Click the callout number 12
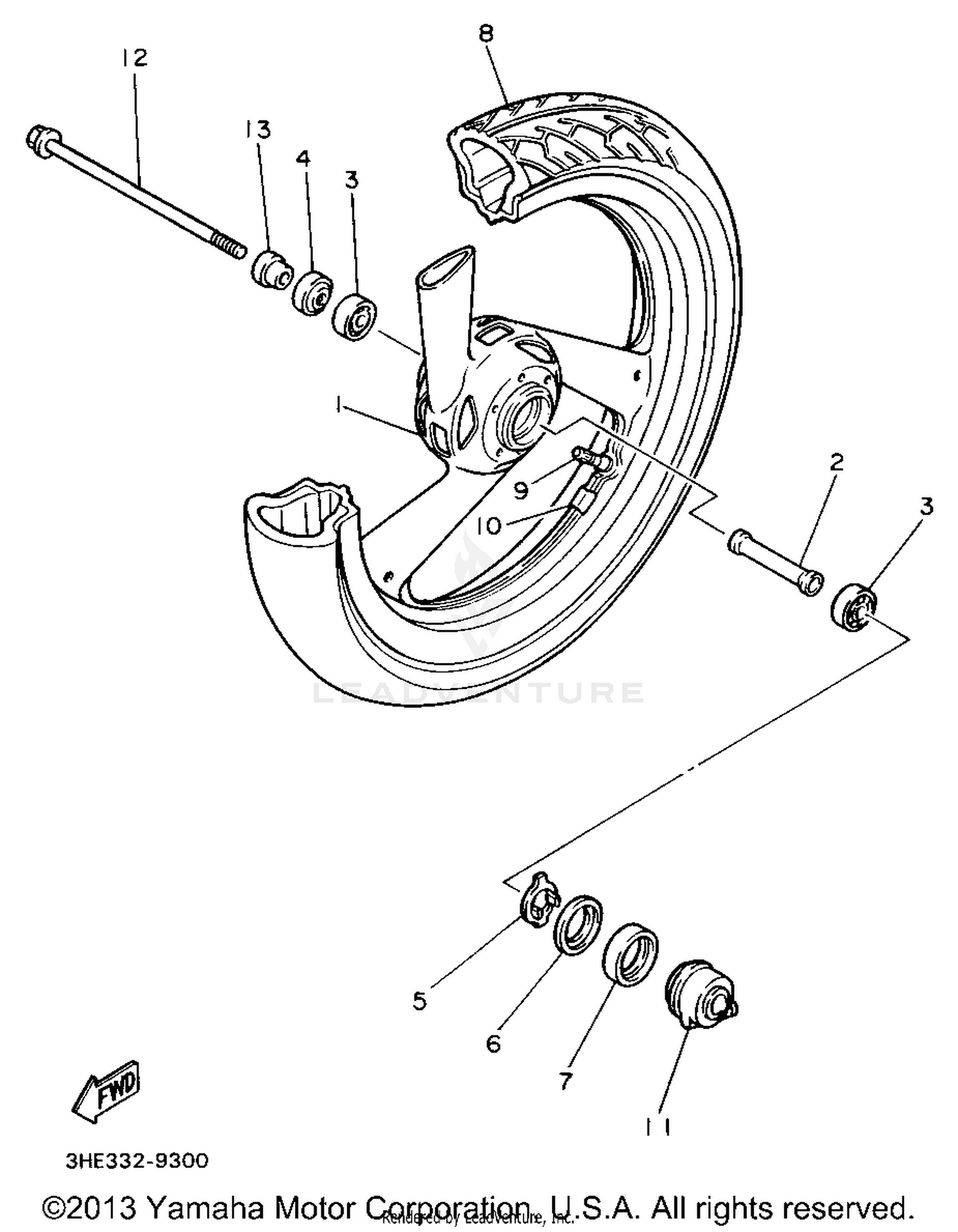[x=135, y=58]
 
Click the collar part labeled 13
[x=268, y=271]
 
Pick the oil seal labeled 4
[x=312, y=293]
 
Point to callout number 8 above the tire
[x=486, y=33]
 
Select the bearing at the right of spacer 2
[x=855, y=604]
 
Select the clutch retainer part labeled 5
[x=538, y=899]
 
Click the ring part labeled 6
[x=577, y=925]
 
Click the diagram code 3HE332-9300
[x=137, y=1160]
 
